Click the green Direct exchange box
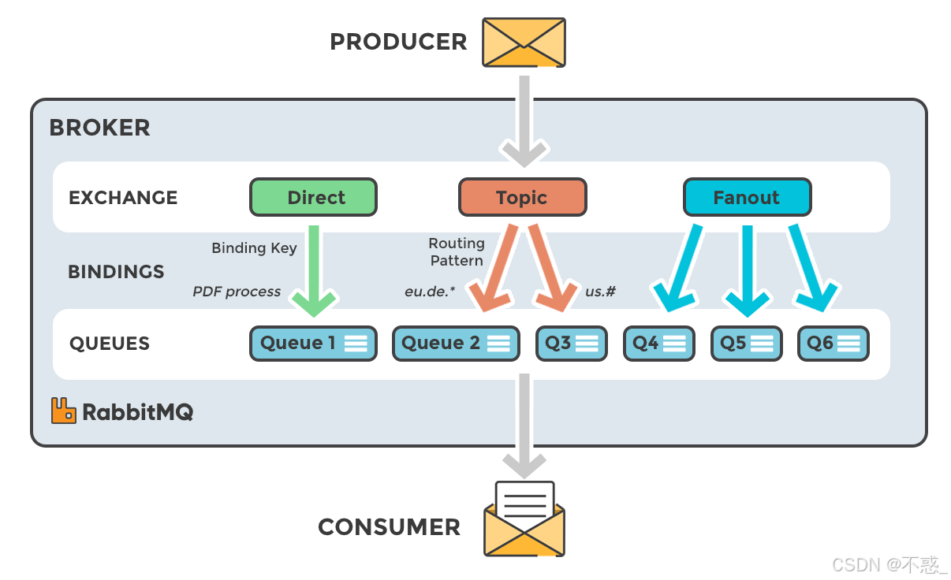pos(313,197)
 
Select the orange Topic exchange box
pos(522,197)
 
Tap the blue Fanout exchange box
pos(746,197)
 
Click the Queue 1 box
pos(313,344)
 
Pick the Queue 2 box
pos(456,344)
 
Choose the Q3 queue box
pos(571,344)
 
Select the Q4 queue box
pos(658,344)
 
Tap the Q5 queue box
pos(746,344)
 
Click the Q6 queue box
pos(833,344)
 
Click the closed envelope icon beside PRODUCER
pos(524,42)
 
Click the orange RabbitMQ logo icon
pos(63,411)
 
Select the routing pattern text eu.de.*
pos(431,292)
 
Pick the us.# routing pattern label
pos(601,292)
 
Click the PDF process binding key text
pos(237,292)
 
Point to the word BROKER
pos(99,128)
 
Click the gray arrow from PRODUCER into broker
pos(524,118)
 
